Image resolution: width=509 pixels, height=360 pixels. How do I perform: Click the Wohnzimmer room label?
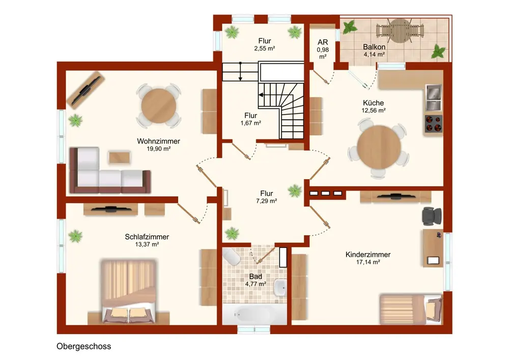[158, 141]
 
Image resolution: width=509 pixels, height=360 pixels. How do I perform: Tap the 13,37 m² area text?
[147, 244]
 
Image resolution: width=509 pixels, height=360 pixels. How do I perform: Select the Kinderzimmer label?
[368, 255]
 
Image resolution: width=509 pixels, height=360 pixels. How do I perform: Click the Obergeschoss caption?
[84, 346]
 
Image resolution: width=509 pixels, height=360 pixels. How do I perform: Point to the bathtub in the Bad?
[255, 314]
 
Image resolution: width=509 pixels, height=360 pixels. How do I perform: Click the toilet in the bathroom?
[231, 257]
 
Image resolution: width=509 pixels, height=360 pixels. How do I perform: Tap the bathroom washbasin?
[280, 288]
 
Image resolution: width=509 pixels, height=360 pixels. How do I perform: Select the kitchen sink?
[433, 97]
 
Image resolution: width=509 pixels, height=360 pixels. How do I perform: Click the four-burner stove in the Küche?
[434, 124]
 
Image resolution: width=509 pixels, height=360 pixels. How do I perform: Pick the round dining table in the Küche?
[379, 147]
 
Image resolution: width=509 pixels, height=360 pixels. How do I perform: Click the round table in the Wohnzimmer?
[159, 105]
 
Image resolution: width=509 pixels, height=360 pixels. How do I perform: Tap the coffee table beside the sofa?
[120, 157]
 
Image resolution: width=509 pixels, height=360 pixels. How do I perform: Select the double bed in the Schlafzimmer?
[129, 291]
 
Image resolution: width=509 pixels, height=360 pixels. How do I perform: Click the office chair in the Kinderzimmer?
[432, 216]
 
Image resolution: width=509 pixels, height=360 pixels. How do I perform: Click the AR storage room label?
[323, 42]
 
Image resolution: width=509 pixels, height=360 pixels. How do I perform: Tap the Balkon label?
[374, 47]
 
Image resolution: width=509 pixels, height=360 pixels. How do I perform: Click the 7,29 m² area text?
[267, 201]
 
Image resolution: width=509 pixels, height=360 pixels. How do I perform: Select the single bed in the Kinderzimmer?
[411, 309]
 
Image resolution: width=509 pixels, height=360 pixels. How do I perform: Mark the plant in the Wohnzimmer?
[75, 120]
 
